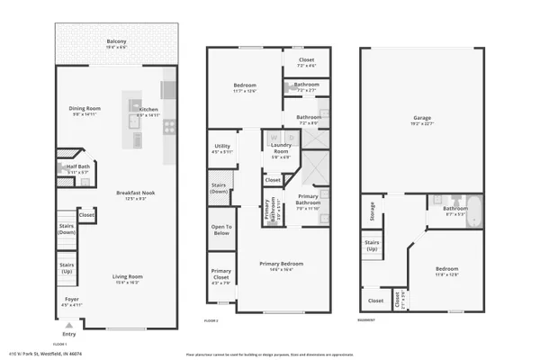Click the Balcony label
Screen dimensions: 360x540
click(116, 41)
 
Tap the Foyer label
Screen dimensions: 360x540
click(71, 299)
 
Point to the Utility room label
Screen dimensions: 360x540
click(221, 147)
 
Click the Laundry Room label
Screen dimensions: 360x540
click(280, 151)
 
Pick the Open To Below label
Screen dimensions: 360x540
click(220, 230)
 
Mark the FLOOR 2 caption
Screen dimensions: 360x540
click(211, 320)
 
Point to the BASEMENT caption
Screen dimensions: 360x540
click(366, 320)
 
